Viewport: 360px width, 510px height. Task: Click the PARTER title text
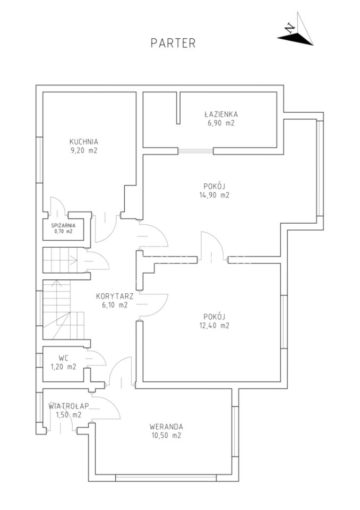173,43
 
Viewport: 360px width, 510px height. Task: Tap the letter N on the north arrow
289,28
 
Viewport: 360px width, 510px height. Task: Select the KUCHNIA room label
83,142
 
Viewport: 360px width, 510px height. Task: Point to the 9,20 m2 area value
83,150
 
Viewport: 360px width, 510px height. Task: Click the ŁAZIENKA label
221,114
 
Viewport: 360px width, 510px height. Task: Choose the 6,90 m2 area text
221,123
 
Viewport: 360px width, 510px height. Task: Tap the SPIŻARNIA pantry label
63,225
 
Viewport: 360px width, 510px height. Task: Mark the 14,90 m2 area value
215,195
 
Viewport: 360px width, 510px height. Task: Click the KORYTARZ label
115,296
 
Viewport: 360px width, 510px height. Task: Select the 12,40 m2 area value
215,325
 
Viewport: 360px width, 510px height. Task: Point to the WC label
63,358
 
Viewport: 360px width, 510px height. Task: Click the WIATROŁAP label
68,406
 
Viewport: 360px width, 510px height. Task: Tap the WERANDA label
166,427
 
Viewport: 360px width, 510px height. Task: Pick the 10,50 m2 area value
166,436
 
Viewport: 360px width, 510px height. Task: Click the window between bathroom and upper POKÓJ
195,151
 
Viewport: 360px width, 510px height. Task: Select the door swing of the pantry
59,205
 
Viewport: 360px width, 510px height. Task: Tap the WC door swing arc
97,358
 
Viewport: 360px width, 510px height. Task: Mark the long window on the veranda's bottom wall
166,478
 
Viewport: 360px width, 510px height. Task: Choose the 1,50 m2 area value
68,415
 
